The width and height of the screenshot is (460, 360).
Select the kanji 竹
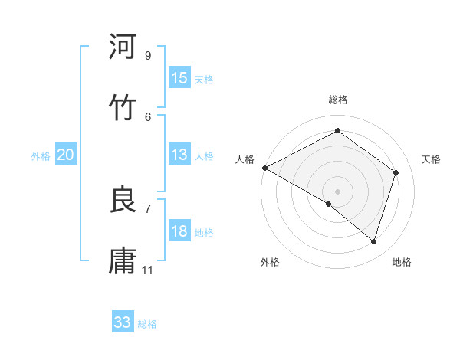tap(123, 107)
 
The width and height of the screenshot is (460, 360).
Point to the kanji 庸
tap(123, 260)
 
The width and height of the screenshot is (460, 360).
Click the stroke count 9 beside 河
tap(148, 55)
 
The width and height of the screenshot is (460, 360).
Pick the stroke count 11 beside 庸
tap(148, 270)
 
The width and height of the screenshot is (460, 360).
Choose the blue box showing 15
tap(179, 78)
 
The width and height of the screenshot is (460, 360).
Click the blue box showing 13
tap(179, 155)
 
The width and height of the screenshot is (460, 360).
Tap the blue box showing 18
tap(179, 231)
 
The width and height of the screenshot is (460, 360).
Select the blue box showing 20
tap(66, 155)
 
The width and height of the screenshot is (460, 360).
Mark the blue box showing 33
tap(123, 322)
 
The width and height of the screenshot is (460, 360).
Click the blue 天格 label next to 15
tap(204, 79)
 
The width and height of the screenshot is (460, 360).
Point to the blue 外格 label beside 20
tap(41, 155)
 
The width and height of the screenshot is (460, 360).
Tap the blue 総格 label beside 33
tap(147, 324)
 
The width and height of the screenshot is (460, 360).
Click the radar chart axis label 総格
tap(338, 100)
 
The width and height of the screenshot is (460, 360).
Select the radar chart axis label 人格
tap(245, 159)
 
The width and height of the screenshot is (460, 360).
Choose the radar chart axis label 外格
tap(270, 262)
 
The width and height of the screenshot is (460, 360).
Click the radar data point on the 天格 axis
tap(396, 172)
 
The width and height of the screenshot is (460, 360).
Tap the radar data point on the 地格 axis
tap(374, 242)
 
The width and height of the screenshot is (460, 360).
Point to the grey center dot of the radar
tap(338, 191)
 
